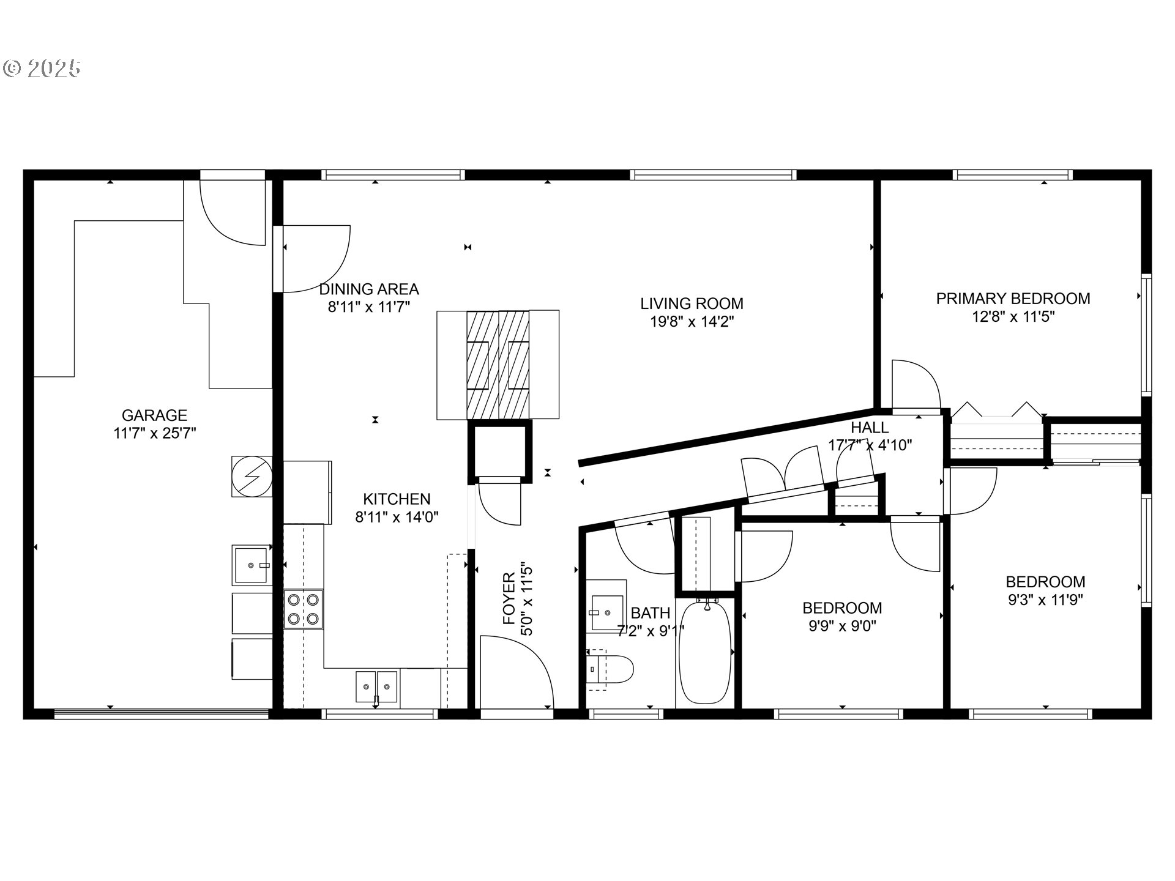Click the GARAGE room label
tap(154, 415)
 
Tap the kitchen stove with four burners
tap(303, 609)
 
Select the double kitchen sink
tap(376, 686)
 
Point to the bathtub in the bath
tap(706, 652)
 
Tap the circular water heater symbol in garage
tap(252, 477)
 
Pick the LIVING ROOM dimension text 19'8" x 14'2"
tap(692, 322)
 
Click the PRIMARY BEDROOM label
tap(1013, 299)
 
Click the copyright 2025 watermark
tap(42, 68)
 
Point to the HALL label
tap(870, 427)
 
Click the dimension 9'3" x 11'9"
tap(1045, 600)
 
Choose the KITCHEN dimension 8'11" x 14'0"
tap(397, 518)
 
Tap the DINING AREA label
tap(369, 289)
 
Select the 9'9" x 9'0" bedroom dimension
tap(842, 626)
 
